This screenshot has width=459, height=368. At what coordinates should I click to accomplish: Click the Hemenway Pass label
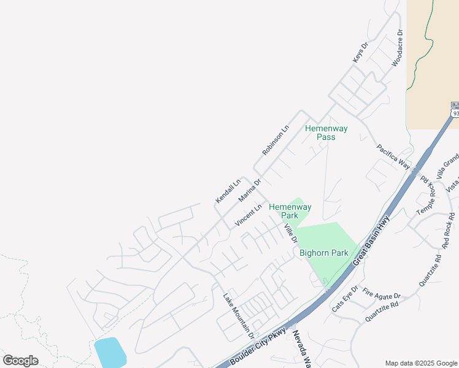click(326, 132)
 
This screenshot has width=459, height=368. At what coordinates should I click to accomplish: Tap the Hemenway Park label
click(290, 211)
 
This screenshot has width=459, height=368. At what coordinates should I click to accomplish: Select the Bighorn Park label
click(323, 253)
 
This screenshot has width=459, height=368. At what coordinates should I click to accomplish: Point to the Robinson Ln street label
click(275, 141)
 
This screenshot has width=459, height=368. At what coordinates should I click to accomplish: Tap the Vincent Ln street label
click(248, 215)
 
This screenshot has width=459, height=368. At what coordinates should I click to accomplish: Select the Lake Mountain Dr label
click(239, 314)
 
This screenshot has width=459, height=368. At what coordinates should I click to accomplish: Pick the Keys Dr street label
click(360, 52)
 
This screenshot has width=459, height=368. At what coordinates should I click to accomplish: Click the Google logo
click(20, 361)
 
